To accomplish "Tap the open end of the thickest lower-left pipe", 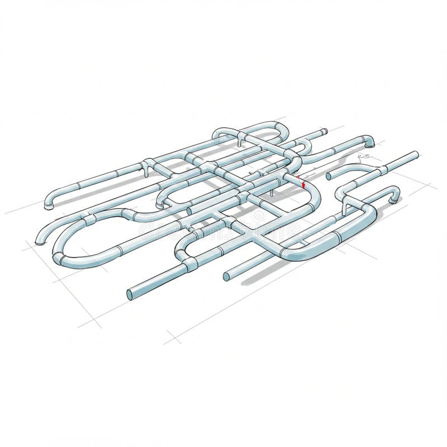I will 131,294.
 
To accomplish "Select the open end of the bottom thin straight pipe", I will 227,277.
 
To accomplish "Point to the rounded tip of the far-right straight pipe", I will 416,154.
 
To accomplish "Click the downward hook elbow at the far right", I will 395,195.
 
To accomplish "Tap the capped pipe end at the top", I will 324,132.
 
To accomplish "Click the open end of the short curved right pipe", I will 329,176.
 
